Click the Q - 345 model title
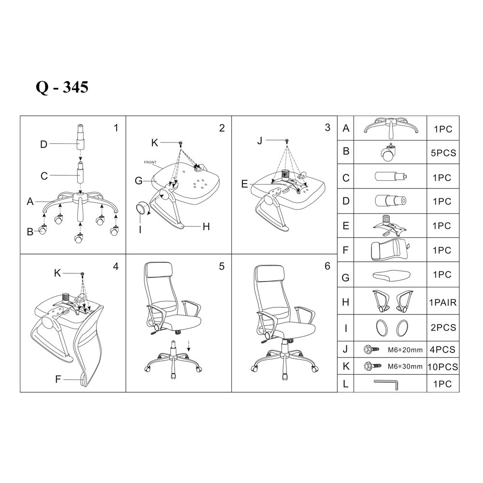click(x=62, y=87)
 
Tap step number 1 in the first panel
click(x=116, y=128)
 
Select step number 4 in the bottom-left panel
click(x=116, y=266)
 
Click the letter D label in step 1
click(x=44, y=144)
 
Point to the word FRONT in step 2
click(x=150, y=162)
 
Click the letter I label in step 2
click(x=140, y=229)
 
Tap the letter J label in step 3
click(x=260, y=141)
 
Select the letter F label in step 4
click(x=58, y=379)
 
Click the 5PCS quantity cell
click(x=443, y=153)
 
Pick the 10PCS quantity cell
click(x=442, y=367)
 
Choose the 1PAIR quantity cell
click(x=443, y=302)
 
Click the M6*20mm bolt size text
click(x=405, y=350)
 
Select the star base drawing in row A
click(x=391, y=127)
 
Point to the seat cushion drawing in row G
click(x=392, y=275)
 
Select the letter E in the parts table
click(x=346, y=226)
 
